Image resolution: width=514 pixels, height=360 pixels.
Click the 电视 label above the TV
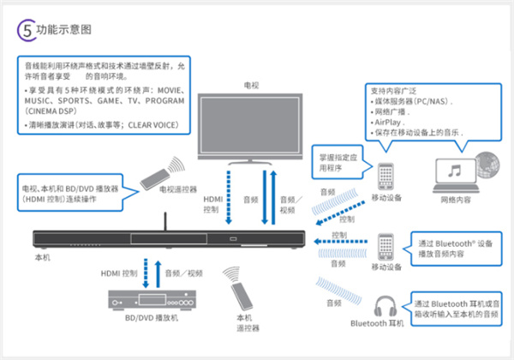click(249, 86)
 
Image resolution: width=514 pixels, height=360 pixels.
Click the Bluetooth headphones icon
click(385, 303)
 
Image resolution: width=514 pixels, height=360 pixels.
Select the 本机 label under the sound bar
click(44, 256)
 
